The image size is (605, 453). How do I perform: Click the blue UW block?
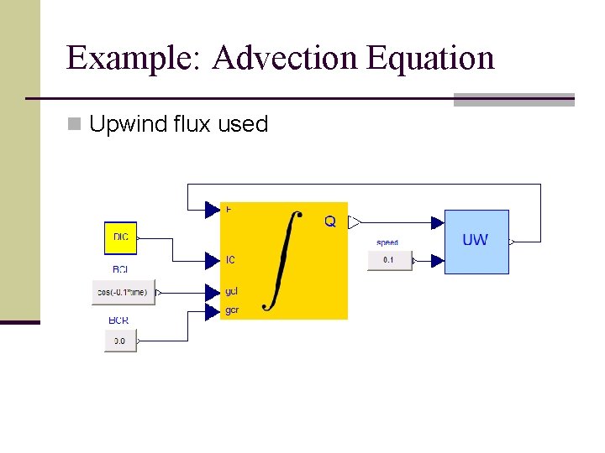[476, 242]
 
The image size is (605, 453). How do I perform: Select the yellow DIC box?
[120, 237]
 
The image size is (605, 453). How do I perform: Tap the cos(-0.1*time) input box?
[124, 292]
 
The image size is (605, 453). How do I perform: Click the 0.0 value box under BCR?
[120, 341]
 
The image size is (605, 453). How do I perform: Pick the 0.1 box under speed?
[388, 260]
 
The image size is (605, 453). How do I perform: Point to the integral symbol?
[282, 260]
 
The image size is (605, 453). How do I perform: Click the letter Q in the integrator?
[330, 222]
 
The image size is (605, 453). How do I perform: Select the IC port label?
[231, 259]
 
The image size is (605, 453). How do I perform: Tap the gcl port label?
[232, 292]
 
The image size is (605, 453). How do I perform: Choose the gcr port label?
[232, 310]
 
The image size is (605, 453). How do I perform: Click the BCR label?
[118, 320]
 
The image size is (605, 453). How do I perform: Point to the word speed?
[387, 242]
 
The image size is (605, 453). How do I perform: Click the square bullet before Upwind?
[75, 125]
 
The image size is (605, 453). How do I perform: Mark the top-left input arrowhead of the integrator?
[212, 210]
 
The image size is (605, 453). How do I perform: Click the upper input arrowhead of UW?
[437, 222]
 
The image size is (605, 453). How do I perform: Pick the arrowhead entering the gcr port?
[212, 311]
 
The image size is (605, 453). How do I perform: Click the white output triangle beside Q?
[355, 222]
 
